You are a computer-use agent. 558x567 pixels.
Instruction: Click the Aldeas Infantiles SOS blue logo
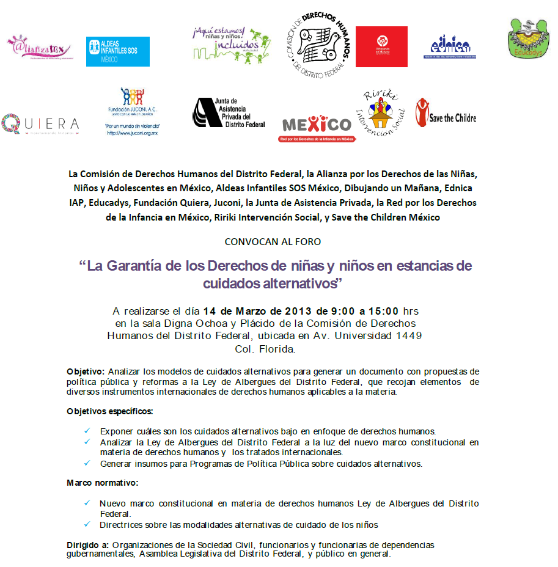tap(118, 51)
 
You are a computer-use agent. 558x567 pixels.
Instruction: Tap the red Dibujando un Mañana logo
tap(381, 46)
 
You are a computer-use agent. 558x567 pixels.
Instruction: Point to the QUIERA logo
tap(40, 124)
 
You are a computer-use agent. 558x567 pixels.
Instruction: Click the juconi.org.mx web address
tap(132, 133)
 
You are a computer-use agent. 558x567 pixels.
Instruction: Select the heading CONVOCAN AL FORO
tap(273, 241)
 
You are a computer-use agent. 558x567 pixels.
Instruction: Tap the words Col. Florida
tap(265, 349)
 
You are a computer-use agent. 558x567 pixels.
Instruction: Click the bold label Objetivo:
tap(86, 371)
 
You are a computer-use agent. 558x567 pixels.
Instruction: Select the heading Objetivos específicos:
tap(110, 411)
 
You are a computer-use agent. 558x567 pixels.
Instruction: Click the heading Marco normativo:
tap(102, 483)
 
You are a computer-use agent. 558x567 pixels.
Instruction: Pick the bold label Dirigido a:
tap(88, 544)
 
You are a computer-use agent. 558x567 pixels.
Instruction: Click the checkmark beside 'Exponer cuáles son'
tap(89, 431)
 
